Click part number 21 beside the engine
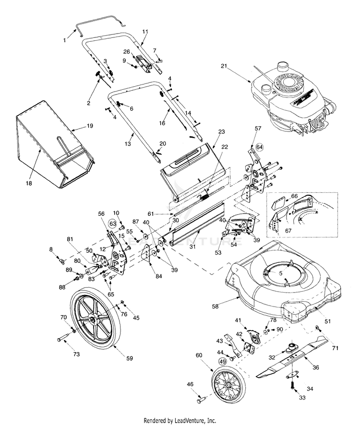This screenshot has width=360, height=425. pyautogui.click(x=224, y=66)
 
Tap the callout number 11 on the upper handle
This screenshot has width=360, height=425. pyautogui.click(x=145, y=31)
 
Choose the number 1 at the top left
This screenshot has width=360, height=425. pyautogui.click(x=65, y=40)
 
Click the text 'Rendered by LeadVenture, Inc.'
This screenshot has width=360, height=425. pyautogui.click(x=180, y=420)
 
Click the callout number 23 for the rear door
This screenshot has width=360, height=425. pyautogui.click(x=221, y=131)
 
